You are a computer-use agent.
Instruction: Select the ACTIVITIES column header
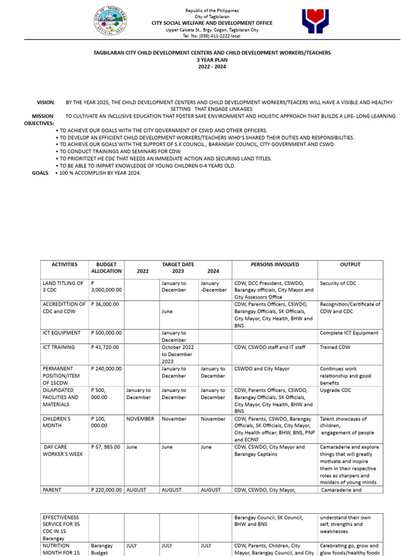(65, 264)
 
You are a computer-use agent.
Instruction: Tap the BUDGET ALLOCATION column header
(106, 268)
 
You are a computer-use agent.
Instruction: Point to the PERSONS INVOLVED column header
(274, 264)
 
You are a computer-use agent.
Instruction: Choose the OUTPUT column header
(350, 264)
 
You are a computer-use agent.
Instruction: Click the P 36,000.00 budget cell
(105, 305)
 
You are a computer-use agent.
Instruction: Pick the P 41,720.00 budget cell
(105, 347)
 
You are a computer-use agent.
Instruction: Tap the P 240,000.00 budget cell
(106, 369)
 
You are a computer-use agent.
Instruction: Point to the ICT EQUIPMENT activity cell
(61, 333)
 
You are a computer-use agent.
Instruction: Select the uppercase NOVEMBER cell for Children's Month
(140, 419)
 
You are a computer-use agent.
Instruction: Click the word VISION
(46, 102)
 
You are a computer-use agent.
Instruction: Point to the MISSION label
(43, 116)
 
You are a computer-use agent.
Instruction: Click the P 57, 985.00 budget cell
(106, 447)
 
